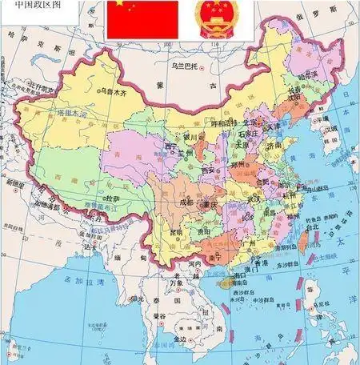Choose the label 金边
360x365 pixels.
179,340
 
